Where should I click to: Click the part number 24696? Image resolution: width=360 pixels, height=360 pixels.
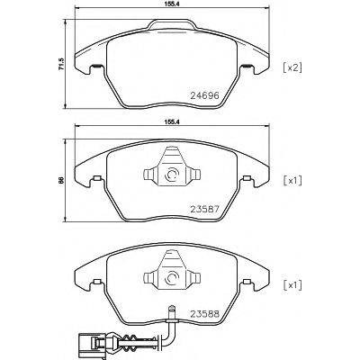point(205,95)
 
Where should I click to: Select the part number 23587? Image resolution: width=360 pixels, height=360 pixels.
point(205,209)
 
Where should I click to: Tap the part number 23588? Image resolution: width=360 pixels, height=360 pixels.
point(205,314)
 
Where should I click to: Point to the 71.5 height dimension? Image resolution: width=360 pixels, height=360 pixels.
point(61,64)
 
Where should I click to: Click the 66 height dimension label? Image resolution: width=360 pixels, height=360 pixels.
point(61,180)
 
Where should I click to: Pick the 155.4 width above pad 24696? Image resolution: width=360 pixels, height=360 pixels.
point(172,4)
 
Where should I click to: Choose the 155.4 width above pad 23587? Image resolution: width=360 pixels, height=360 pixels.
point(172,121)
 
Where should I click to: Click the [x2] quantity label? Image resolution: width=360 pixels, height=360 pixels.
point(292,68)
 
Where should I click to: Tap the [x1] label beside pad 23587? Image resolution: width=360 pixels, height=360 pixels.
point(292,181)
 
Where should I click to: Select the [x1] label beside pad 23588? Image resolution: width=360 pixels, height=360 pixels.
point(292,285)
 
